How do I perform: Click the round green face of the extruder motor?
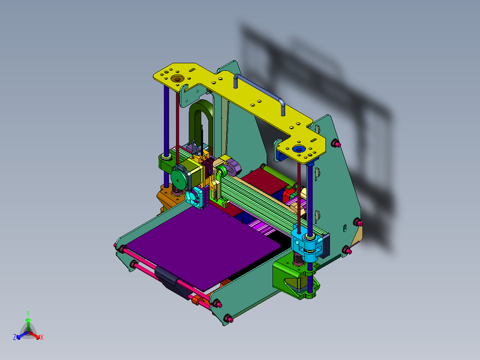coord(179,179)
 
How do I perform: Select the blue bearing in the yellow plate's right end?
coord(298,149)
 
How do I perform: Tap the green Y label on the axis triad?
coord(28,313)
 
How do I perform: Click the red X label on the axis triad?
coord(42,337)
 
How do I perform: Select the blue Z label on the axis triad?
coord(15,337)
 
